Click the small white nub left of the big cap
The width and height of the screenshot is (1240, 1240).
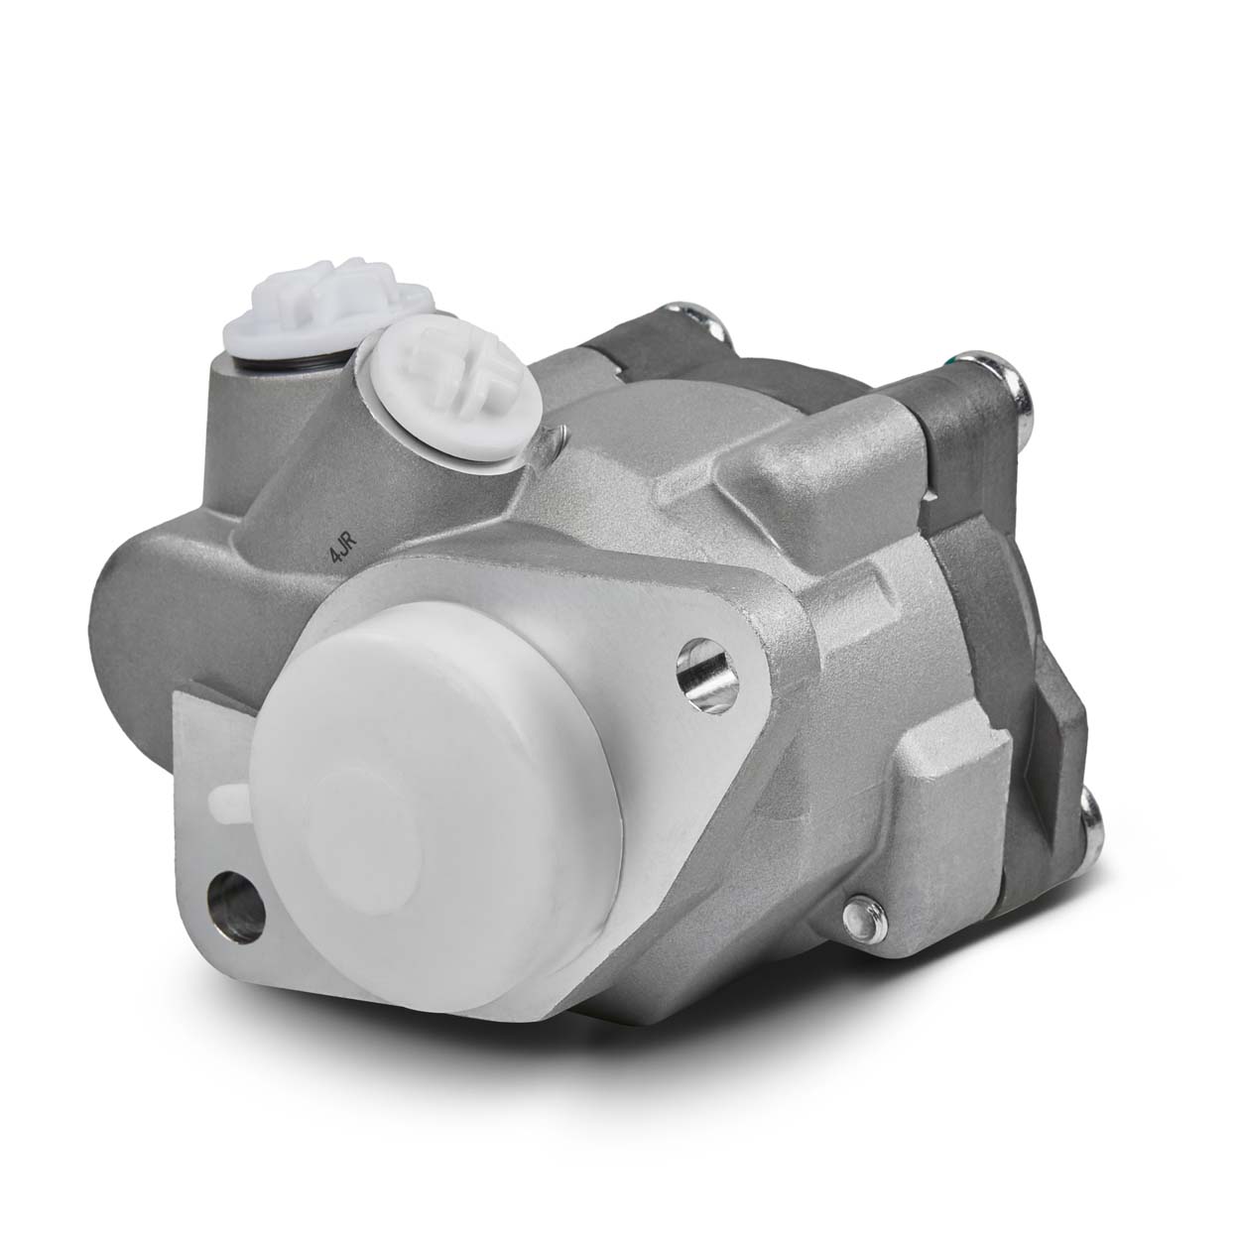(x=226, y=797)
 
